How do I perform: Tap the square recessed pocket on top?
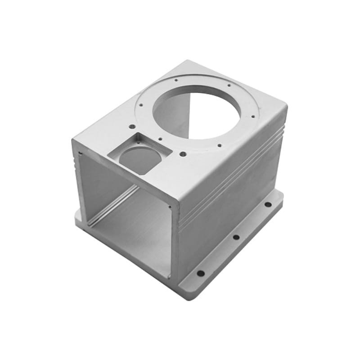point(139,153)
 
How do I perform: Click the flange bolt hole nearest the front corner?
point(201,273)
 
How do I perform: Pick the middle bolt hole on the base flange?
point(235,237)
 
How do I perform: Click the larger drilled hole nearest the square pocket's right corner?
point(183,154)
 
